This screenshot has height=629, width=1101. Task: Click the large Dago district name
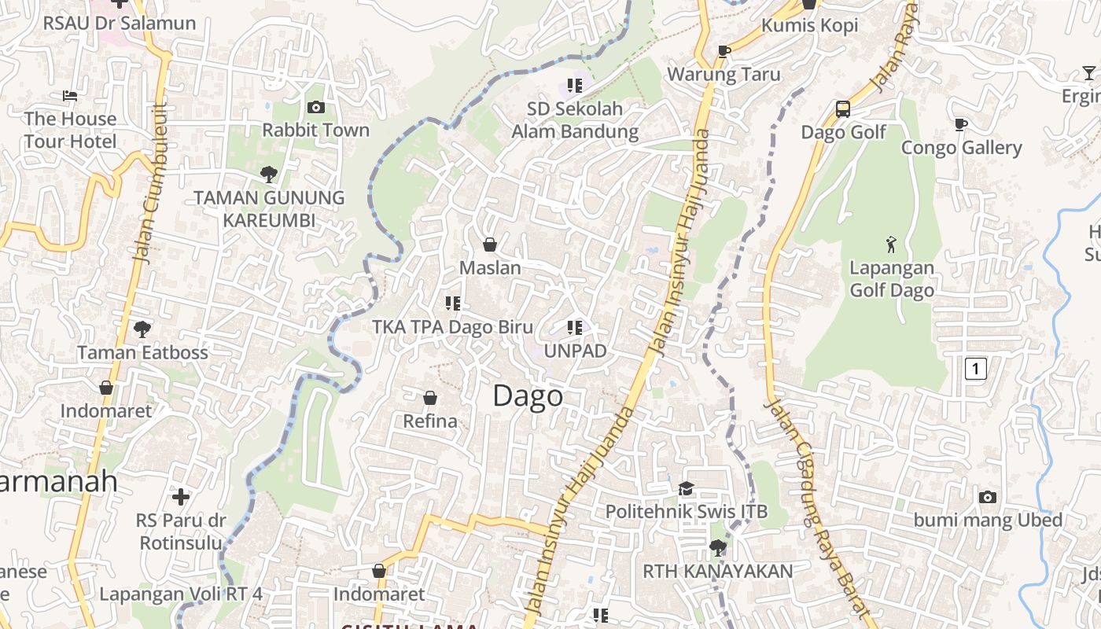(528, 395)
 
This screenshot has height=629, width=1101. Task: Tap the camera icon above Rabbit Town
(316, 107)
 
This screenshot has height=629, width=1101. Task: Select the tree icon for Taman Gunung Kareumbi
(269, 174)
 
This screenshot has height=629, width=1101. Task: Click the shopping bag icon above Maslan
(490, 245)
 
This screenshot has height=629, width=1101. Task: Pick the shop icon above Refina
(430, 398)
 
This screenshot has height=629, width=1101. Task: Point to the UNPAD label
(575, 351)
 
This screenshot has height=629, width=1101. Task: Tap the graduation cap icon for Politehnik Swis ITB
(686, 488)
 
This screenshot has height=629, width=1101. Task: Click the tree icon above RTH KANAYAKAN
(717, 547)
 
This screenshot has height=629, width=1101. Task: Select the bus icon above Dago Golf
(842, 109)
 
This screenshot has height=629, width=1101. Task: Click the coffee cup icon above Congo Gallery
(960, 124)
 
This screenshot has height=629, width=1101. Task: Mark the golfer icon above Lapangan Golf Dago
(891, 245)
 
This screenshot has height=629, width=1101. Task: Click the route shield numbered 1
(975, 368)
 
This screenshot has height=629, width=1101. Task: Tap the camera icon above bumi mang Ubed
(988, 497)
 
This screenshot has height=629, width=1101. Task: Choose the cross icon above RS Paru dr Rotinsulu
(181, 497)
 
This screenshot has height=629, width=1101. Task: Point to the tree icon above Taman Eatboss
(142, 329)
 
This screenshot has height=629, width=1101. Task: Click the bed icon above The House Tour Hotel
(70, 96)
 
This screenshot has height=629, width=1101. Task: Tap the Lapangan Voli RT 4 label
(181, 594)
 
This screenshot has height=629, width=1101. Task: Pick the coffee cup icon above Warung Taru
(724, 52)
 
